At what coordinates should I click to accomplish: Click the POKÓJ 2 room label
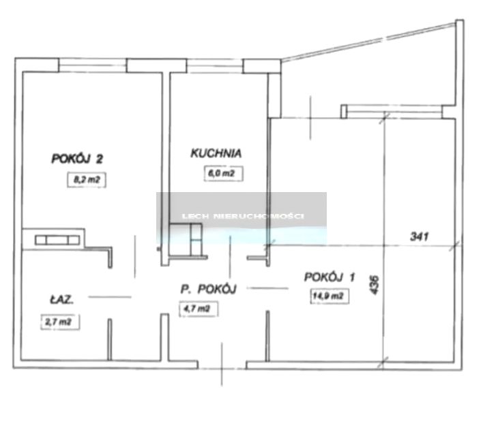[x=77, y=159]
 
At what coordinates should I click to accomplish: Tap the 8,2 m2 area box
[x=87, y=180]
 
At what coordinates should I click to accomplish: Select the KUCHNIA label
[x=216, y=153]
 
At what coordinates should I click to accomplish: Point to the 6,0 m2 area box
[x=223, y=174]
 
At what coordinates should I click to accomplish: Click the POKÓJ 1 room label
[x=330, y=277]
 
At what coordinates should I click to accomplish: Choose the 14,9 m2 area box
[x=330, y=296]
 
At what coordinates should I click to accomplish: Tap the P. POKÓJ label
[x=208, y=290]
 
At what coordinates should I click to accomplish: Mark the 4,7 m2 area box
[x=199, y=309]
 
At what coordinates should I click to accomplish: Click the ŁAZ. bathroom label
[x=62, y=300]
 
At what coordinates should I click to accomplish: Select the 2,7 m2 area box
[x=60, y=322]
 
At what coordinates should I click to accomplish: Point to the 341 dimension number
[x=420, y=236]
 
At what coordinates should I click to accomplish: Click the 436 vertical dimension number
[x=374, y=285]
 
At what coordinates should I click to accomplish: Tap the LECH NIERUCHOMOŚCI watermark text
[x=243, y=216]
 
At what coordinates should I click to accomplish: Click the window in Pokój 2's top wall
[x=93, y=65]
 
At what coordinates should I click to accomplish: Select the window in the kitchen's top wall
[x=215, y=66]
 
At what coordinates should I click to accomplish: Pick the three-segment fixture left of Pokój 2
[x=57, y=240]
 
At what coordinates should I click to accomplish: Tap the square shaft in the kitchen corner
[x=186, y=240]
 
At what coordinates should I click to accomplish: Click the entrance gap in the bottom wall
[x=222, y=365]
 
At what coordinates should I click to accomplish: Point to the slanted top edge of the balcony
[x=368, y=42]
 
